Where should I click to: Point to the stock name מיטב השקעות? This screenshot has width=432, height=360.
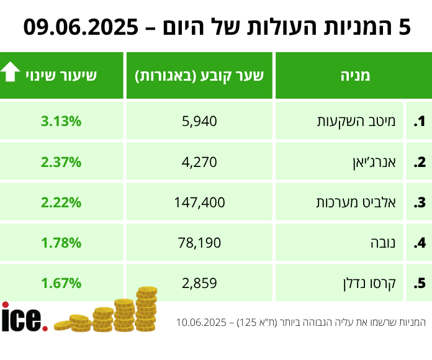click(371, 121)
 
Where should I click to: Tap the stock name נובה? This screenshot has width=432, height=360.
click(390, 243)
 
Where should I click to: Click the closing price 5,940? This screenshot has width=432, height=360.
click(200, 121)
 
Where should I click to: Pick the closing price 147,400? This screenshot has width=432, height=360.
click(200, 202)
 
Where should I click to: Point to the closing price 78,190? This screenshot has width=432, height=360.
click(200, 243)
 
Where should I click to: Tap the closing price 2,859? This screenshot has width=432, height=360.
click(200, 283)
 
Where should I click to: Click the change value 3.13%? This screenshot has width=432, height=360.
click(61, 121)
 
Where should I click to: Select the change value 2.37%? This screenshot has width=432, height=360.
click(61, 162)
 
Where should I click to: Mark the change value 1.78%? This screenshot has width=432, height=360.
click(61, 243)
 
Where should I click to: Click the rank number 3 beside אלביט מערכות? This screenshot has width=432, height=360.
click(420, 202)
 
